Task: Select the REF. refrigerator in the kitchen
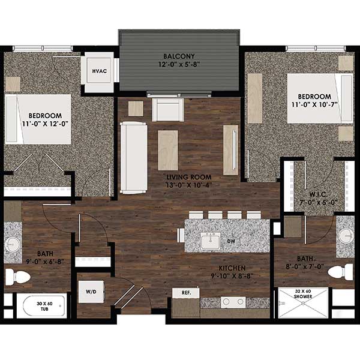click(x=185, y=292)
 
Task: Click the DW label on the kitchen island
click(x=231, y=241)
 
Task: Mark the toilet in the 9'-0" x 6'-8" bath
click(x=18, y=277)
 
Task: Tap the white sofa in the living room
click(x=133, y=157)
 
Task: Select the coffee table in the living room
click(x=168, y=149)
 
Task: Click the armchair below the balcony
click(x=166, y=109)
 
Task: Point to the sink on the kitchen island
click(x=209, y=241)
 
